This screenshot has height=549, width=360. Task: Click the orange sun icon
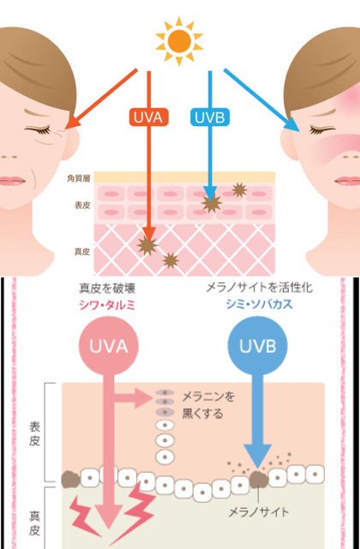pos(179,41)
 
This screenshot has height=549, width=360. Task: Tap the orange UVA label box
pos(149,118)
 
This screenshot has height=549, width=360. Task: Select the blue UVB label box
pos(210,118)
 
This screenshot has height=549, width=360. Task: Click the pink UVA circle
pos(109,346)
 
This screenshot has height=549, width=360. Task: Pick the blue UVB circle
pos(258,346)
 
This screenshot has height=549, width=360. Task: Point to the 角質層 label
pos(79,179)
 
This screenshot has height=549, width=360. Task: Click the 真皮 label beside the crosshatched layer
pos(82,251)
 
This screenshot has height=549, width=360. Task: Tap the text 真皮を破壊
pos(106,289)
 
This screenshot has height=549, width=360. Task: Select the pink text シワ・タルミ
pos(107,305)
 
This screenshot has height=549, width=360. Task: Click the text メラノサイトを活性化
pos(259,288)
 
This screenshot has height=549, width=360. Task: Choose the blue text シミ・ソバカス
pos(259,305)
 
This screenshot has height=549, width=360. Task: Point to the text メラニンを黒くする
pos(207,406)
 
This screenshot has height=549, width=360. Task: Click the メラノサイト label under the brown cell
pos(259,512)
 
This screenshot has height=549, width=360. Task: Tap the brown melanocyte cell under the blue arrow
pos(259,479)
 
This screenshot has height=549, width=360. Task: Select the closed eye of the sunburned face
pos(321,130)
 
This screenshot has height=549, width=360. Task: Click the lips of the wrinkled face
pos(12,181)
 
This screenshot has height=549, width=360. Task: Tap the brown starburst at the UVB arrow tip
pos(211,203)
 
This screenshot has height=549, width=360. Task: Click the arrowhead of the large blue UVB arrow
pos(258,456)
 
